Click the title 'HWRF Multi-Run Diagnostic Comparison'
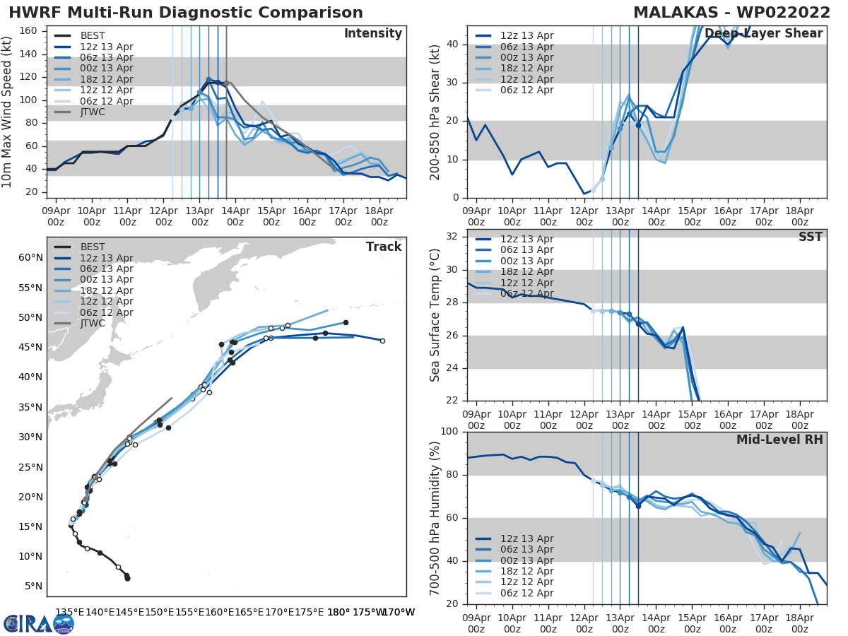click(x=186, y=13)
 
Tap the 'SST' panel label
click(x=811, y=237)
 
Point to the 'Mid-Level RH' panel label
click(x=779, y=440)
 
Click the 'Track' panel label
click(x=384, y=247)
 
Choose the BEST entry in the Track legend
click(x=92, y=247)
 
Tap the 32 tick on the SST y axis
click(x=453, y=237)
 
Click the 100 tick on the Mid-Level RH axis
click(x=449, y=431)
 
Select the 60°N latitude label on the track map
click(x=30, y=257)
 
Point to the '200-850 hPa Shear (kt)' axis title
click(x=435, y=112)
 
